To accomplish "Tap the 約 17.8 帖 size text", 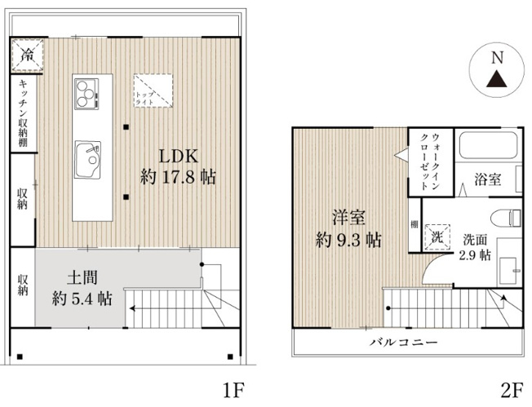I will [x=177, y=176].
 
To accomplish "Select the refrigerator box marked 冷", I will [x=27, y=56].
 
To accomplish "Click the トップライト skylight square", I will [x=153, y=90].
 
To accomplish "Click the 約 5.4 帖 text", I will [x=82, y=299].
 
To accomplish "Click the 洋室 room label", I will [x=348, y=218].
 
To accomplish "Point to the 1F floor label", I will [x=233, y=389].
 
